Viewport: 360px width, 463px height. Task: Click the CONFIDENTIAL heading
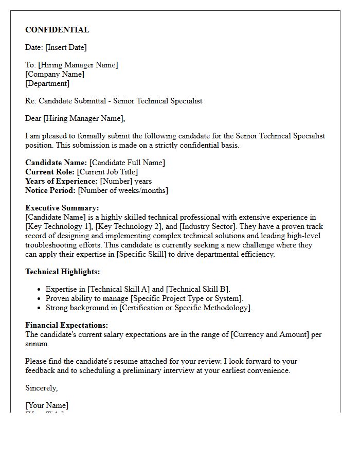[57, 30]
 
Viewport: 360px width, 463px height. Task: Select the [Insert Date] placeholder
[66, 47]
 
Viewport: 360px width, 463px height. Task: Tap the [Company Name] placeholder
[55, 74]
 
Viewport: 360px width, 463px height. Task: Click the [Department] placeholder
[47, 83]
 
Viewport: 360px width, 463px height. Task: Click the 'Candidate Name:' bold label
[56, 163]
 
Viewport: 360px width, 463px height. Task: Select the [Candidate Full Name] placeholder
[127, 163]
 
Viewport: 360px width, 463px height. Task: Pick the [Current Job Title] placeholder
[107, 172]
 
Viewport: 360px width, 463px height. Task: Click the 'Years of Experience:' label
[61, 181]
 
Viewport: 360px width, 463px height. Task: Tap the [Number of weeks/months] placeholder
[123, 190]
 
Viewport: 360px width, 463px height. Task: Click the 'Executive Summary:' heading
[62, 208]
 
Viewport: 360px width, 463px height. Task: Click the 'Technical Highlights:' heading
[63, 272]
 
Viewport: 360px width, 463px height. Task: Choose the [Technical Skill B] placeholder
[197, 289]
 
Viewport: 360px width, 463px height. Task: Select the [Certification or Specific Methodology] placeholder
[186, 308]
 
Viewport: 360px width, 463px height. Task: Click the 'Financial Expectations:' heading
[67, 325]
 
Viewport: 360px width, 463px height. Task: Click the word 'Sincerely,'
[42, 388]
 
